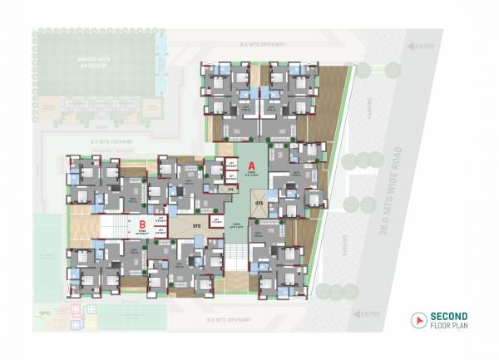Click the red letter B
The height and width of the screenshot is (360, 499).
point(142,224)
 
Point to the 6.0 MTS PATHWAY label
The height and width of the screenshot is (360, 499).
point(106,142)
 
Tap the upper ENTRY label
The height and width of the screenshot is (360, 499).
point(424,46)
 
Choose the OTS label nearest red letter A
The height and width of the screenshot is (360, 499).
point(259,202)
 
